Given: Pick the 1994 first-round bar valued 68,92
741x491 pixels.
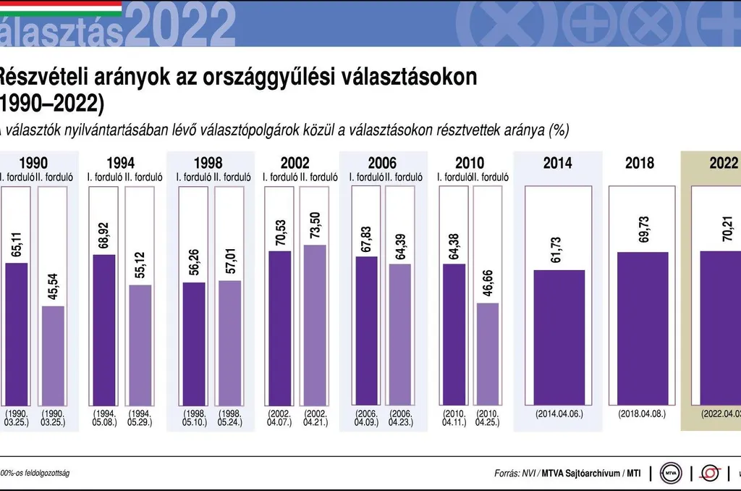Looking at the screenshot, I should [104, 329].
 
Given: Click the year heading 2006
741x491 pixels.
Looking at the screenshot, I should [382, 163].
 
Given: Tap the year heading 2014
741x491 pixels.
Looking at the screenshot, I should [557, 163].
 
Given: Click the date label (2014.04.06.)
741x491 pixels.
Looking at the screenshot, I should [559, 414].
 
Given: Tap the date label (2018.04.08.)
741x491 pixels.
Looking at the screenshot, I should [642, 414].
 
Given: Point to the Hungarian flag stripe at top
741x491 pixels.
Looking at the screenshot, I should [61, 7].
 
